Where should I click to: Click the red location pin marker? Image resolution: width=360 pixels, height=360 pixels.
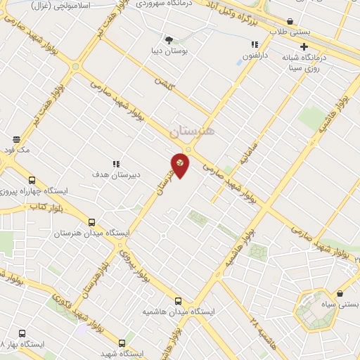[180, 165]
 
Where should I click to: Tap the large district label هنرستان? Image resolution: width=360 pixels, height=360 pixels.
[195, 131]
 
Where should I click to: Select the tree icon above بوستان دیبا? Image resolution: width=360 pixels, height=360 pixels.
[168, 39]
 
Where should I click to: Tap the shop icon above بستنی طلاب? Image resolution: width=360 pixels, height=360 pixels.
[290, 22]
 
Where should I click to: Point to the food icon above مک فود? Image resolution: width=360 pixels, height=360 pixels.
[17, 139]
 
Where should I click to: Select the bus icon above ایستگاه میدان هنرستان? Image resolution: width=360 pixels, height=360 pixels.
[91, 223]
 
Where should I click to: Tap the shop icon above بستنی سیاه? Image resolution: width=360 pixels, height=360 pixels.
[340, 294]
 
